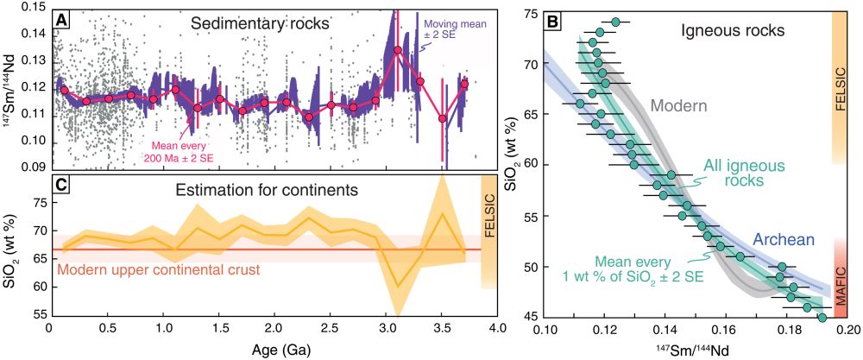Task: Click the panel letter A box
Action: (62, 17)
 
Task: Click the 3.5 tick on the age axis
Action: (442, 330)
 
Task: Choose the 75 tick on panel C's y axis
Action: (39, 203)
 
